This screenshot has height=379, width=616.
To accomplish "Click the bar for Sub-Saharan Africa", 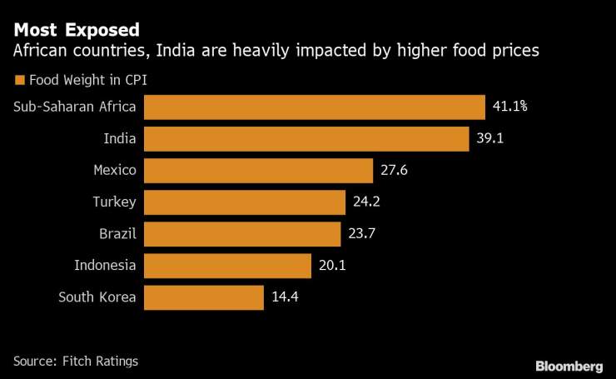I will (315, 107).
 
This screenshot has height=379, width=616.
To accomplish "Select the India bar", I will (306, 139).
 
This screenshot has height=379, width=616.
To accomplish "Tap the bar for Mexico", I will (258, 171).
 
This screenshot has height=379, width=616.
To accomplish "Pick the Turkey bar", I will (245, 202).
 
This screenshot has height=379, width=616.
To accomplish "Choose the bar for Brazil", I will (242, 234).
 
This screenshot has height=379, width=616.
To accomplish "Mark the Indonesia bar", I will (228, 266).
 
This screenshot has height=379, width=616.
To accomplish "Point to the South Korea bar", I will (204, 297).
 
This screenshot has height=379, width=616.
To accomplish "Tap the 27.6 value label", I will (395, 171).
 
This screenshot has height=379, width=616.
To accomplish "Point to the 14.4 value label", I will (285, 297).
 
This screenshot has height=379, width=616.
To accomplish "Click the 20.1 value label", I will (333, 266).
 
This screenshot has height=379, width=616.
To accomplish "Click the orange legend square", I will (18, 81).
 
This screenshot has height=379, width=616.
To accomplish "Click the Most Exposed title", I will (76, 31).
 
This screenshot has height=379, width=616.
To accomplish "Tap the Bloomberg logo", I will (569, 366).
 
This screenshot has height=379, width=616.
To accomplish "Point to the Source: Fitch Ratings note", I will (75, 361).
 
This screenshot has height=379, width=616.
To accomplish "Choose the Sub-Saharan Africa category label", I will (75, 107).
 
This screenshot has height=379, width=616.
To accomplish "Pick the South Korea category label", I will (97, 297).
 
